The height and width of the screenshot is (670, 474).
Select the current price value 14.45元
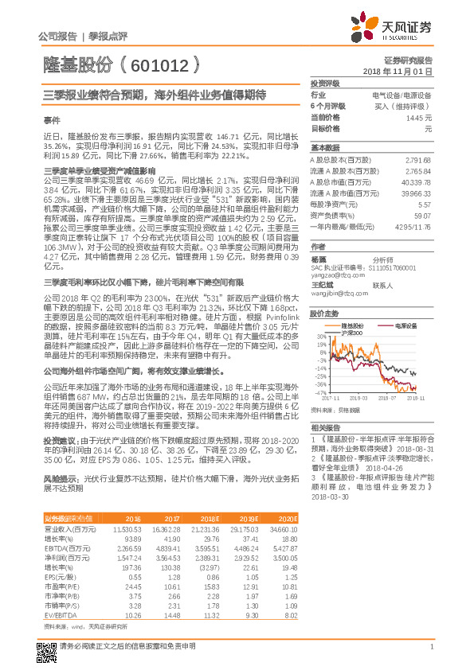419,117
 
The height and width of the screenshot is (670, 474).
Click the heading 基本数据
324,148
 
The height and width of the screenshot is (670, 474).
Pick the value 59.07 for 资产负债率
423,215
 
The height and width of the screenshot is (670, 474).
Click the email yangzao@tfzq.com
335,274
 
